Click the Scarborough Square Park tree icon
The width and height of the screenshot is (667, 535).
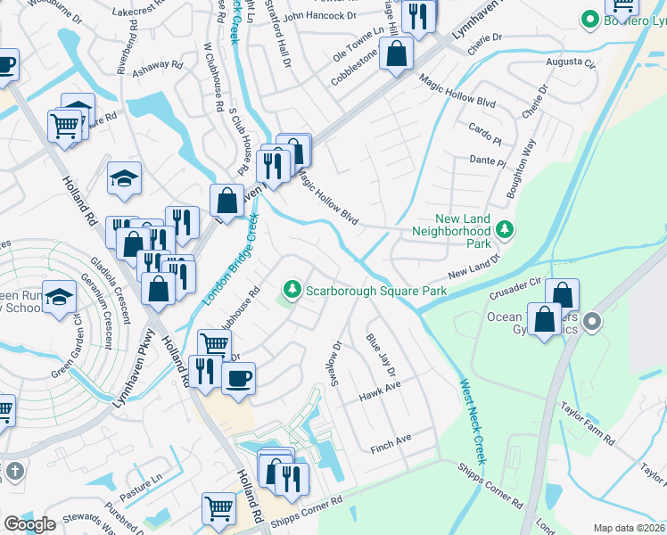click(292, 290)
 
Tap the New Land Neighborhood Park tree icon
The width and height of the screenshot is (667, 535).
click(505, 231)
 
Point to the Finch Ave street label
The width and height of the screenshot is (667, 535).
click(391, 440)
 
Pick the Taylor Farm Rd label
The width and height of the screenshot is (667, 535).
click(587, 423)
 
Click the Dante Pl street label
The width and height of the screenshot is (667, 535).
click(487, 161)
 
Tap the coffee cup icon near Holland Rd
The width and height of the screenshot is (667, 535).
click(238, 378)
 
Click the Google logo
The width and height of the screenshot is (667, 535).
click(29, 524)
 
